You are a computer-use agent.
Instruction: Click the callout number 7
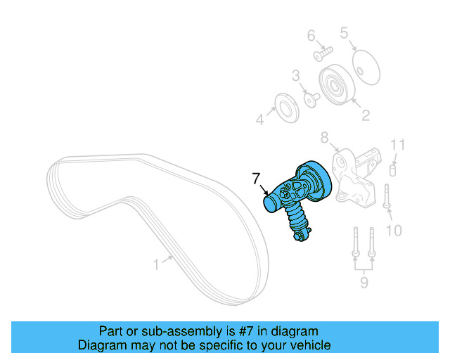pyautogui.click(x=256, y=179)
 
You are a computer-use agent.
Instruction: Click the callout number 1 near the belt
pyautogui.click(x=156, y=264)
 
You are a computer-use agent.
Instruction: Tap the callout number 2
pyautogui.click(x=365, y=115)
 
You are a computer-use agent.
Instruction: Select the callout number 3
pyautogui.click(x=296, y=75)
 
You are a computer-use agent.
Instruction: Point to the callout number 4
pyautogui.click(x=259, y=120)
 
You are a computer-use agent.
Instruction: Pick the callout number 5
pyautogui.click(x=345, y=32)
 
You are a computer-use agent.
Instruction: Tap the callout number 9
pyautogui.click(x=364, y=283)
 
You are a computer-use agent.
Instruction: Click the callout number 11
pyautogui.click(x=398, y=146)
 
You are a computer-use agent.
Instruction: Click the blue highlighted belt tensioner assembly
pyautogui.click(x=299, y=197)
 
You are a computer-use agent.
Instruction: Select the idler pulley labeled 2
pyautogui.click(x=335, y=86)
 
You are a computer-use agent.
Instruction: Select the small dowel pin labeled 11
pyautogui.click(x=394, y=169)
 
